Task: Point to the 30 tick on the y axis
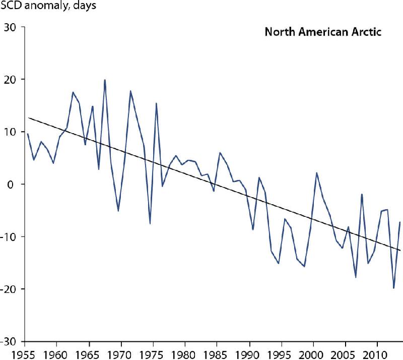point(14,27)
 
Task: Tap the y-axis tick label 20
point(14,79)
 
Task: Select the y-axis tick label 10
point(14,132)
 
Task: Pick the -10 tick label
point(12,236)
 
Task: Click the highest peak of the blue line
point(105,80)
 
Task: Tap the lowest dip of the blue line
point(394,288)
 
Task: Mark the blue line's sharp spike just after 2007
point(362,194)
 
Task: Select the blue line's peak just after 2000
point(317,173)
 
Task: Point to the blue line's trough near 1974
point(150,223)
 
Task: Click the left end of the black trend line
point(28,117)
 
